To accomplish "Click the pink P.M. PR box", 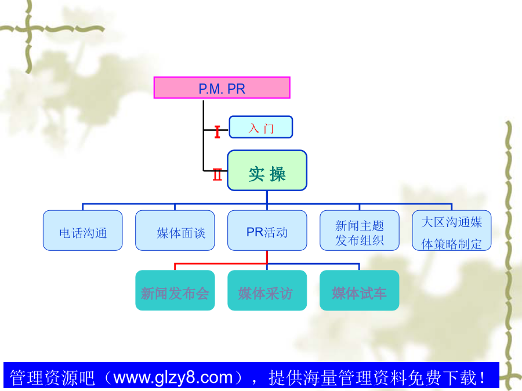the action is (222, 88).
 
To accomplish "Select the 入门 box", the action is (260, 127).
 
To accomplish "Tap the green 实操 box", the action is (267, 170).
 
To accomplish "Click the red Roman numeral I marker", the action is (217, 131).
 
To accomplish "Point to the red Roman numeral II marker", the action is (217, 174).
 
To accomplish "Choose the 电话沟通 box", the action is (82, 231).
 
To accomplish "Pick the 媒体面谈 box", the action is (175, 231).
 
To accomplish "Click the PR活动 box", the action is (267, 231).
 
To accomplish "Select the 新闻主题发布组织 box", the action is (360, 231).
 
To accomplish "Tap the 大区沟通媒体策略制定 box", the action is (452, 231).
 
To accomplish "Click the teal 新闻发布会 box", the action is (175, 290).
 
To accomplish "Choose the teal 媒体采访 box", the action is (267, 290).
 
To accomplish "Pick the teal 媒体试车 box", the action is (360, 290).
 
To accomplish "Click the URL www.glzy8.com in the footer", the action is (173, 378).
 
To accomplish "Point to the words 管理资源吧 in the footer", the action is (52, 378).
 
